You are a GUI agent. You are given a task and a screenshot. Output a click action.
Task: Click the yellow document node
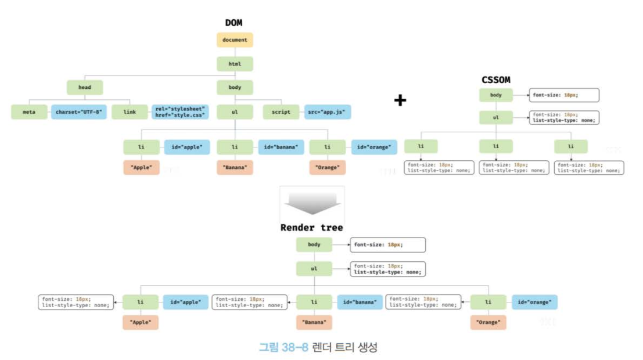click(x=235, y=40)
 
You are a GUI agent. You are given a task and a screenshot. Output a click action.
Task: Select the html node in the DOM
click(x=235, y=64)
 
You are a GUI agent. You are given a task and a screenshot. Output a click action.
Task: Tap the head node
click(x=85, y=88)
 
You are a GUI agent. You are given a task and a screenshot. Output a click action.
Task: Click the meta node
click(x=29, y=111)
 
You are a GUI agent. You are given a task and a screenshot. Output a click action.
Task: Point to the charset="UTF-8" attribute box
click(x=78, y=111)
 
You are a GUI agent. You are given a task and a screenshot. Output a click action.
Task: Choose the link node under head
click(x=130, y=111)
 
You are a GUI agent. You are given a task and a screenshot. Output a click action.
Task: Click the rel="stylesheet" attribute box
click(x=180, y=111)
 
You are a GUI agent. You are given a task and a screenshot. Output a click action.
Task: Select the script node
click(x=281, y=111)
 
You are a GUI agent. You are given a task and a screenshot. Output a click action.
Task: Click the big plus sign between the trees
click(x=400, y=100)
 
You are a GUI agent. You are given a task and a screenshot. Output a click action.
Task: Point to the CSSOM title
click(x=495, y=80)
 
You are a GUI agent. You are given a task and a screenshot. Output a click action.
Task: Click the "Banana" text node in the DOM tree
click(x=235, y=168)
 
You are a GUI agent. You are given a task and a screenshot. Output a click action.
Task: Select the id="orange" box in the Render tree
click(x=534, y=302)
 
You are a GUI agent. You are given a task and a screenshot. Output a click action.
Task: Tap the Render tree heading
click(x=311, y=228)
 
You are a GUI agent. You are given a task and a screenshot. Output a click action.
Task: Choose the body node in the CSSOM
click(x=496, y=95)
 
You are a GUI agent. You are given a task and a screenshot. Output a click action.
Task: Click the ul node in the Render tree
click(x=314, y=269)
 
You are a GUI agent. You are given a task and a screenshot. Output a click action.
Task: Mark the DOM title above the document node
click(x=234, y=23)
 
